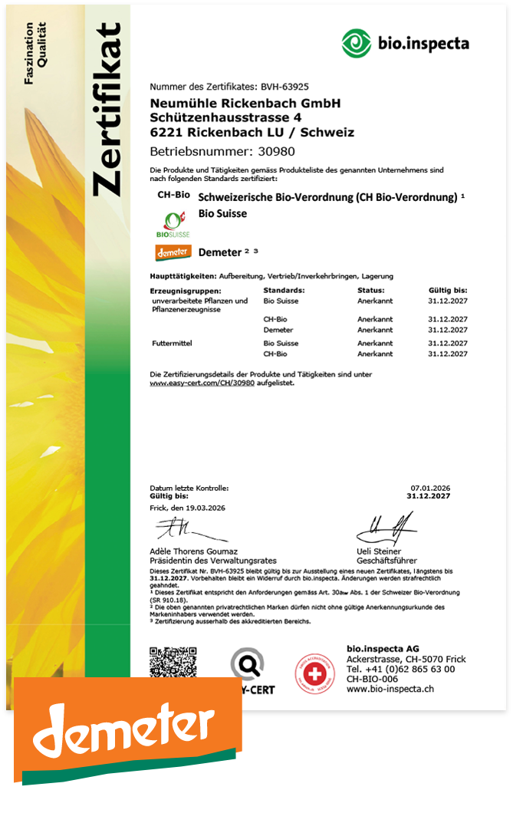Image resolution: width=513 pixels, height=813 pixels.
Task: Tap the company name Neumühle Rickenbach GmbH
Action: tap(245, 103)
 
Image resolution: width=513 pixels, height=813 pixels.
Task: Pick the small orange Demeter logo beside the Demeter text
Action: tap(173, 252)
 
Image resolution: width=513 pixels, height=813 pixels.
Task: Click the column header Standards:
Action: tap(284, 291)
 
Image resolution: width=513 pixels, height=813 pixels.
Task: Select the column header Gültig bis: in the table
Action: tap(448, 291)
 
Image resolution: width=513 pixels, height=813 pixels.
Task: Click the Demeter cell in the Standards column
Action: tap(277, 329)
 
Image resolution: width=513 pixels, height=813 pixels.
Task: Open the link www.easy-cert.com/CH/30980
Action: tap(202, 382)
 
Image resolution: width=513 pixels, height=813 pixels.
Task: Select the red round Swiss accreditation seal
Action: tap(315, 672)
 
